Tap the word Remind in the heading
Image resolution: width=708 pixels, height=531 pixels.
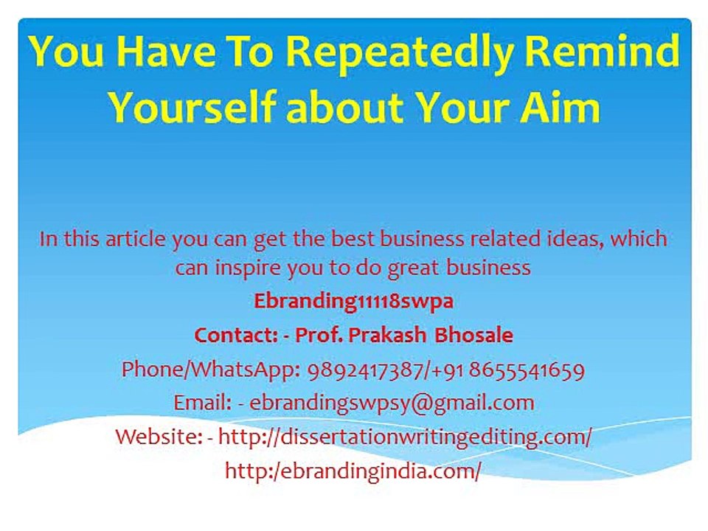pos(603,50)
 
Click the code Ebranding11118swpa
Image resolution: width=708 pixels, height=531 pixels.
pos(353,302)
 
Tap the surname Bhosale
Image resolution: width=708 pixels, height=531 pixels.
pos(473,335)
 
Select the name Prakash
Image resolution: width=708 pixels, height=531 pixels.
pos(387,335)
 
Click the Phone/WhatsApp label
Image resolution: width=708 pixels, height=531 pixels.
pos(211,370)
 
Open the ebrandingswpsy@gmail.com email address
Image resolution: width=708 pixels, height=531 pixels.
pos(392,403)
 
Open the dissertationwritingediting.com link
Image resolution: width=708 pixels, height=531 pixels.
pos(405,437)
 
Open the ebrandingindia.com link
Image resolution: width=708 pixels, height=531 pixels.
pos(353,471)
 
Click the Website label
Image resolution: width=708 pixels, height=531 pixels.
pos(159,437)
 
